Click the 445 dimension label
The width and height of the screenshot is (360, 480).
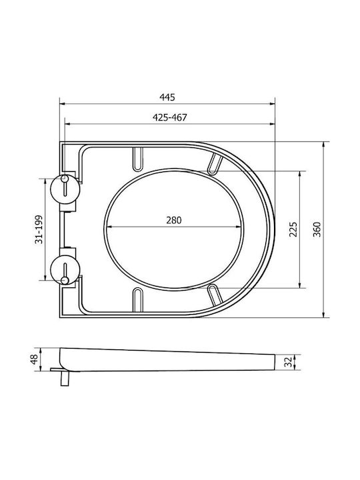[x=167, y=97]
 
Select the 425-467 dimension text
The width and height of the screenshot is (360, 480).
[x=169, y=117]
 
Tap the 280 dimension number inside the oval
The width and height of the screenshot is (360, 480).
[x=173, y=220]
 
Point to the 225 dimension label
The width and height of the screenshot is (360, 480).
[x=293, y=229]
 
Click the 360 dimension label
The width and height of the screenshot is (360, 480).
[x=317, y=229]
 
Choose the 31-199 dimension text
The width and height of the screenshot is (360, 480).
[x=39, y=229]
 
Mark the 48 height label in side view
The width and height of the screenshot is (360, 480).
[x=34, y=359]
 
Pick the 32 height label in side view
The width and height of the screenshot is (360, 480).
[x=287, y=362]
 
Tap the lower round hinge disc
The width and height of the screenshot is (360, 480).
[x=65, y=270]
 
